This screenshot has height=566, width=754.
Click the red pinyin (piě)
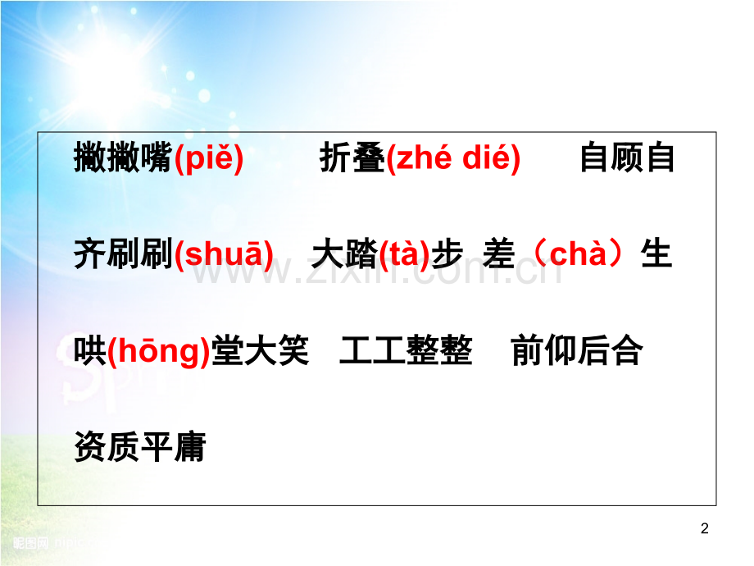coord(209,158)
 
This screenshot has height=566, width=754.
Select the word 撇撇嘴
coord(123,158)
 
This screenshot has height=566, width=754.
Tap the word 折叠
coord(352,158)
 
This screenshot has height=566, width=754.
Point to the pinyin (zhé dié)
coord(452,158)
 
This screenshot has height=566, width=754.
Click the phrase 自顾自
coord(627,158)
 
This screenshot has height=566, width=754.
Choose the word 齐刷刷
coord(123,255)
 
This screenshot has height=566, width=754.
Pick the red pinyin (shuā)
coord(224,255)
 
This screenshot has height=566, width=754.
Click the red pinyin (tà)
coord(405,255)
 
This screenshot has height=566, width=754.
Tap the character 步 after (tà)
coord(447,255)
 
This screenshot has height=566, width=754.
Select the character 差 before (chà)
coord(499,255)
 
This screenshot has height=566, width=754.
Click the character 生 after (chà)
coord(656,255)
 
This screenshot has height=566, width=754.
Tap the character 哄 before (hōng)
coord(90,352)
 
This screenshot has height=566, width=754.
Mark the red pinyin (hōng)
coord(158,352)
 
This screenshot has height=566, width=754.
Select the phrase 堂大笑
coord(260,352)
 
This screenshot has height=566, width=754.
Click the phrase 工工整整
coord(406,352)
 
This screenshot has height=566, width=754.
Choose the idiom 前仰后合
coord(576,352)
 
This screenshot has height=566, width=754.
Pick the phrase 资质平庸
coord(139,448)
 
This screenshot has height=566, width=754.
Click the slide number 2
coord(705,530)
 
